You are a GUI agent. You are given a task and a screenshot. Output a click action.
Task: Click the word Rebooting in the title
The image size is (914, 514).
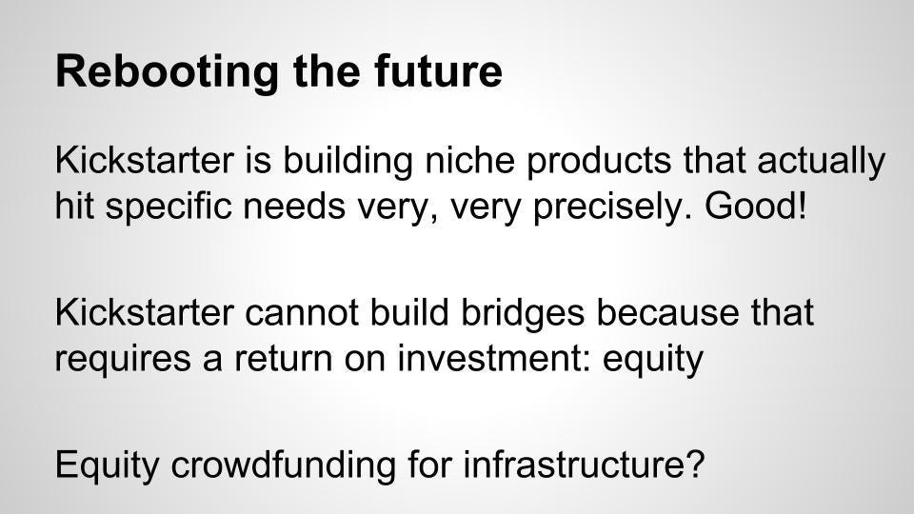[x=167, y=71]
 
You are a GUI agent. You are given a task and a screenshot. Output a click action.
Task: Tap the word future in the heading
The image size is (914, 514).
[x=438, y=70]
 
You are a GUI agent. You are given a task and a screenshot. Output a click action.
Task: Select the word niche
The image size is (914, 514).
[x=469, y=160]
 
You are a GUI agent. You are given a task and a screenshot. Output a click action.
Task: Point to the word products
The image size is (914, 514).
[x=599, y=161]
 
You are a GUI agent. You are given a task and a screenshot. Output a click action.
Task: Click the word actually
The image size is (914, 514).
[x=822, y=161]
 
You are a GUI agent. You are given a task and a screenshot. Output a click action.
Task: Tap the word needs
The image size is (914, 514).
[x=294, y=206]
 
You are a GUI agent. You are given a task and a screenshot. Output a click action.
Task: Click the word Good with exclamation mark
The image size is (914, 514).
[x=756, y=206]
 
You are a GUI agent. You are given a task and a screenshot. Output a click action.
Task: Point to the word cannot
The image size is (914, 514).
[x=302, y=312]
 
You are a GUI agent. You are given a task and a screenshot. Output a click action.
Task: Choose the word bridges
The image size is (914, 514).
[x=523, y=313]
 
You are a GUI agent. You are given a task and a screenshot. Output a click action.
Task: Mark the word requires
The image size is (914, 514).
[x=123, y=359]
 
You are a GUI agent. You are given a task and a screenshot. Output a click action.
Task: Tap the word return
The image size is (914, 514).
[x=284, y=359]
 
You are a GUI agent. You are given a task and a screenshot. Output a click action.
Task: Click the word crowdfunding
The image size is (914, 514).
[x=284, y=465]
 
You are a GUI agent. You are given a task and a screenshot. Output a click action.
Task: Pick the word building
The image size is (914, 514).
[x=348, y=161]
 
